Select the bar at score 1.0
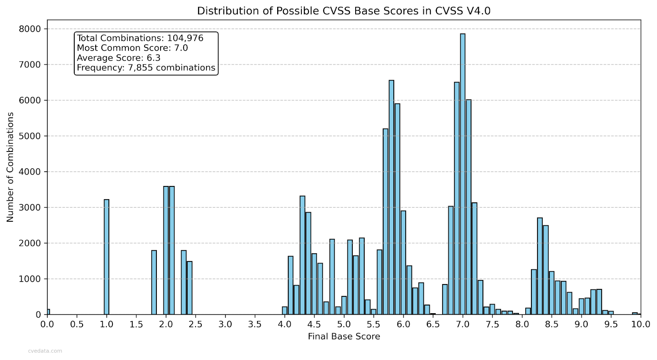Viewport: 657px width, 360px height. pos(106,257)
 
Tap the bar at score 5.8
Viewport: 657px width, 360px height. pos(391,197)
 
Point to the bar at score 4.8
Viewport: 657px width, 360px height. pos(332,277)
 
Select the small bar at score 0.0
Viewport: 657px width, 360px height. pos(48,312)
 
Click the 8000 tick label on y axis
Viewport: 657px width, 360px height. pos(30,29)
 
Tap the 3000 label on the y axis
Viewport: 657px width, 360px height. pos(30,208)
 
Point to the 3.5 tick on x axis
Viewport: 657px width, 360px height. pos(255,324)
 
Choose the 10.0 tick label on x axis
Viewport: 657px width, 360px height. pos(641,324)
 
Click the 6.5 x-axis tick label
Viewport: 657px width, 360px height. pos(433,324)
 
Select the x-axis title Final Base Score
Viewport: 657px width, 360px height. pos(344,337)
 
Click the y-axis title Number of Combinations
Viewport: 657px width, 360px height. pos(10,167)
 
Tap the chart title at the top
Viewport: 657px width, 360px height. pos(344,11)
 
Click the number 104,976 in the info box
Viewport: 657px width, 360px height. pos(185,38)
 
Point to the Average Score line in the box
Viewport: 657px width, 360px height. pos(119,58)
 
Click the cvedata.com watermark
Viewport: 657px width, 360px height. pos(45,351)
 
